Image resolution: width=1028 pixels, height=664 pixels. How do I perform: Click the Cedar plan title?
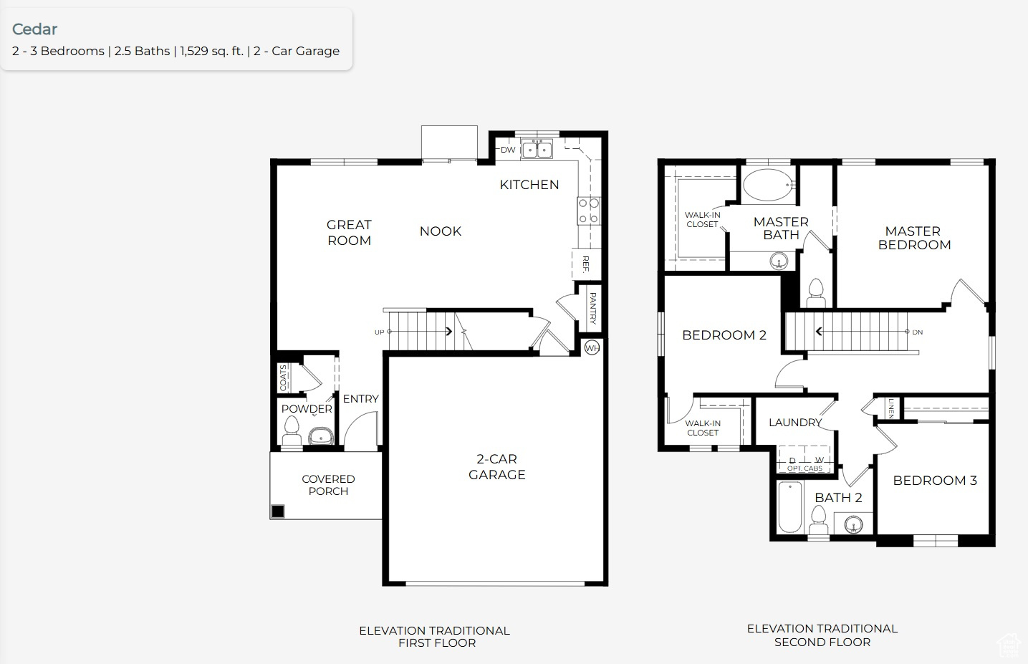(34, 29)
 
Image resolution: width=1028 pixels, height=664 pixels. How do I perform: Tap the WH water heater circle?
(592, 348)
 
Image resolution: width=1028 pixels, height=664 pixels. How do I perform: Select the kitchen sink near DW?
(537, 150)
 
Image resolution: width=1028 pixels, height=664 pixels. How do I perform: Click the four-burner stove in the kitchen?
(588, 211)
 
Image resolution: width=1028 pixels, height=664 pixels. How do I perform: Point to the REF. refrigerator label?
(585, 264)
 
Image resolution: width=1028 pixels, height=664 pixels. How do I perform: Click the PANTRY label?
(592, 308)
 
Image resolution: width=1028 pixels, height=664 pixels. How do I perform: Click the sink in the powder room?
(320, 435)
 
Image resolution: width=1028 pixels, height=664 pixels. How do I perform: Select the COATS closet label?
(284, 377)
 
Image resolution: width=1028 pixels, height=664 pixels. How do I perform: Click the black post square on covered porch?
(278, 511)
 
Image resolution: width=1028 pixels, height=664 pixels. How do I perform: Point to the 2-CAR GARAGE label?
(496, 466)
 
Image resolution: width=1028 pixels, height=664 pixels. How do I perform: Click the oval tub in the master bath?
(769, 185)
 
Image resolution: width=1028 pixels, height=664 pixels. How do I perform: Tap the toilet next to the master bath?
(816, 293)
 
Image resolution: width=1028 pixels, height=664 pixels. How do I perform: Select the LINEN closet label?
(890, 408)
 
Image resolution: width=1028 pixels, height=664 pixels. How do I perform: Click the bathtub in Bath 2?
(790, 507)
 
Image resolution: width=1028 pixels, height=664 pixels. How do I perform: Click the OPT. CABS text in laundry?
(804, 468)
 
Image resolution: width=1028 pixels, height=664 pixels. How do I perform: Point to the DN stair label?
(918, 332)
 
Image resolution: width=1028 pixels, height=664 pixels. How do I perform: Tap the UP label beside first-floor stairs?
(379, 332)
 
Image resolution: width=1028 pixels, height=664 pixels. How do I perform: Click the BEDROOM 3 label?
(934, 481)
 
